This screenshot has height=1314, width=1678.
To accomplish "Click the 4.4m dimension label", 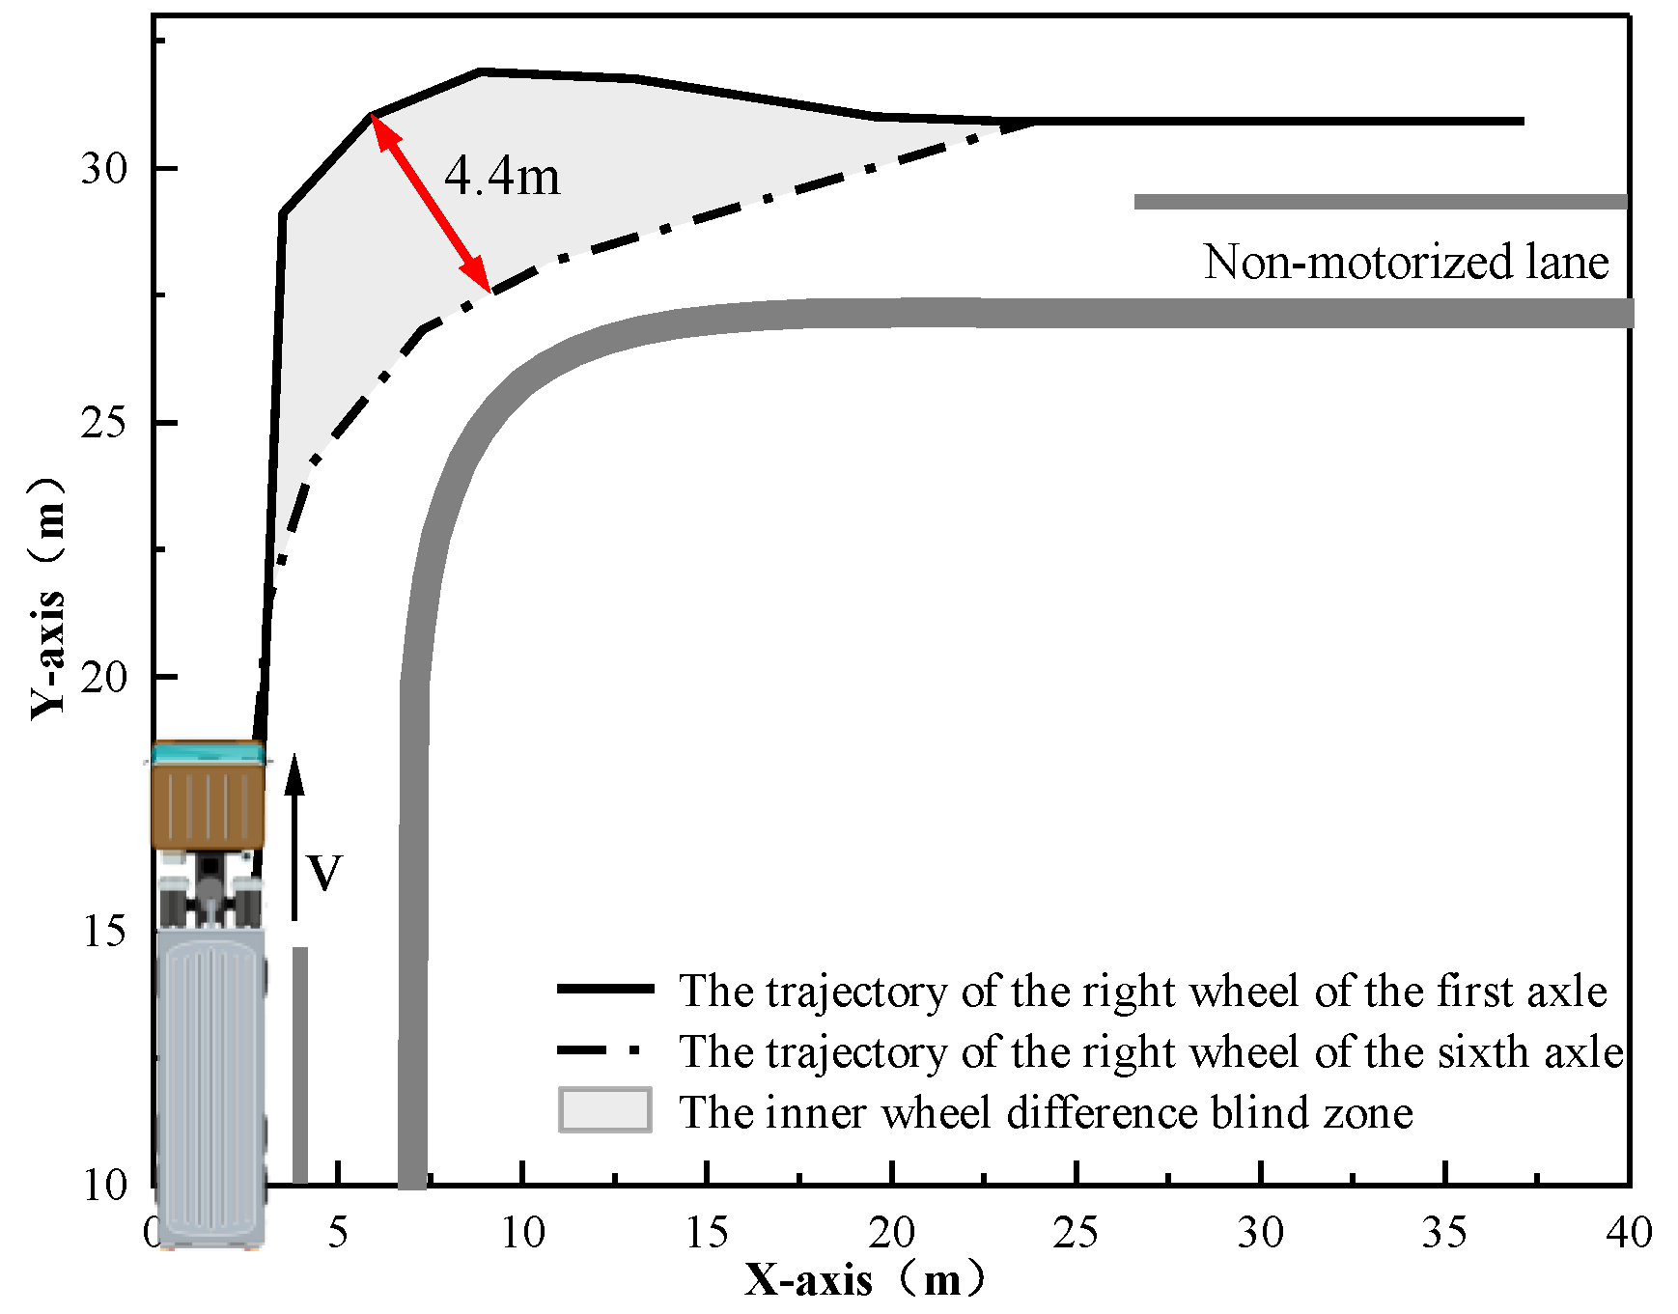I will point(502,177).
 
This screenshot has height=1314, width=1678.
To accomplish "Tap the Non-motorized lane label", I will point(1406,263).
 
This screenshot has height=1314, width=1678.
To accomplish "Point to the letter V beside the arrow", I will point(324,873).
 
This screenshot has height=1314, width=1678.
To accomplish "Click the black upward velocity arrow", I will point(295,835).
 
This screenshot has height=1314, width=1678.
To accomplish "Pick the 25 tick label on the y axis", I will point(104,423).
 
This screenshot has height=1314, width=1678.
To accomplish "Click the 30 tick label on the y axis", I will point(104,169).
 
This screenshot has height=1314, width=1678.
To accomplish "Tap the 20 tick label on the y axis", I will point(104,677).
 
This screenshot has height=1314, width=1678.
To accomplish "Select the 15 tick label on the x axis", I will point(707,1233).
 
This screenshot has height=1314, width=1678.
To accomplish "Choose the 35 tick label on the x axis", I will point(1445,1233).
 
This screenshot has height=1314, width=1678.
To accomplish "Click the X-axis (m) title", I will point(864,1280).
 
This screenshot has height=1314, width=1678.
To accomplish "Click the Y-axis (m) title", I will point(48,599).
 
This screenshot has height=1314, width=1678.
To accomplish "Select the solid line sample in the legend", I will point(605,990).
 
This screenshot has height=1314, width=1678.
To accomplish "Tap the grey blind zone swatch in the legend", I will point(605,1110).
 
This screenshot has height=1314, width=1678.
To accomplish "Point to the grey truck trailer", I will point(210,1081).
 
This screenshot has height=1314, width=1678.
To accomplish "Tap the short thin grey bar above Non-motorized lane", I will point(1381,202).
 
